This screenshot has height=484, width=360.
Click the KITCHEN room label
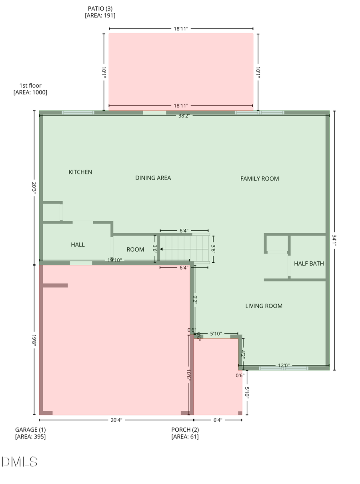coord(80,172)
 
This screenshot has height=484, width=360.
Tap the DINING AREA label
coord(153,178)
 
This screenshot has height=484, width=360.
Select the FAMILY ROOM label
coord(259,178)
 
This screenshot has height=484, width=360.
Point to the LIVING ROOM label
coord(264,306)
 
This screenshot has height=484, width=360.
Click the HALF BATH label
coord(309,264)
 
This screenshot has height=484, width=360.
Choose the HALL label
coord(78,244)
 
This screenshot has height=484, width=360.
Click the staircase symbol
coord(184,249)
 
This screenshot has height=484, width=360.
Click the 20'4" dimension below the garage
coord(116,420)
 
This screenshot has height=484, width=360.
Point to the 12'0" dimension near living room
coord(284,365)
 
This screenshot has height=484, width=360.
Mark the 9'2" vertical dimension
coord(195,300)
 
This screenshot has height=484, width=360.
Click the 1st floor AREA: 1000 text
coord(30,89)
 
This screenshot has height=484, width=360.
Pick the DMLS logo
coord(20,462)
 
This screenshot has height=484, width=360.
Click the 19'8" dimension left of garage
coord(34,340)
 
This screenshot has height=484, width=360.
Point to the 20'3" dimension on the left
coord(34,188)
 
